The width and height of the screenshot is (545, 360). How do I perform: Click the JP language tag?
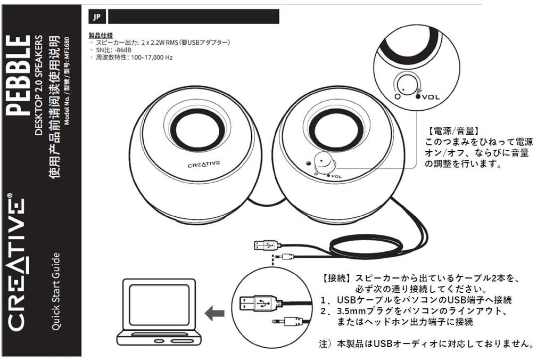click(x=96, y=17)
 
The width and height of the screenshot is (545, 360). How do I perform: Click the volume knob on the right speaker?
click(x=324, y=161)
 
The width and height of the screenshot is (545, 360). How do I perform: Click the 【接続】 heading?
click(x=337, y=279)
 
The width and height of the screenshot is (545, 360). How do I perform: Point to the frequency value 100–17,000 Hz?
click(x=148, y=57)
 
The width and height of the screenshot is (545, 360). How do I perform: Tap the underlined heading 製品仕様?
click(x=100, y=35)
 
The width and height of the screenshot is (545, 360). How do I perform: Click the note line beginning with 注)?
click(x=426, y=344)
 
